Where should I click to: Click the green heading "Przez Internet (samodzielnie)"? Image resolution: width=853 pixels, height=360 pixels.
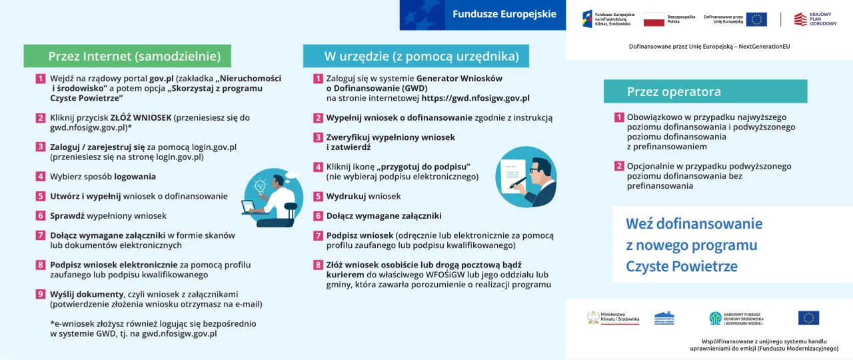[x=127, y=56]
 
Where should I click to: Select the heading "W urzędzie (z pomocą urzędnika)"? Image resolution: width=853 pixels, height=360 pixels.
[x=416, y=56]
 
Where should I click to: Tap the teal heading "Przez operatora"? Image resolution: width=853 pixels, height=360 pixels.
[x=673, y=91]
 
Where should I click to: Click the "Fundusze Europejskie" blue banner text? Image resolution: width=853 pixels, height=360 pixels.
[x=504, y=14]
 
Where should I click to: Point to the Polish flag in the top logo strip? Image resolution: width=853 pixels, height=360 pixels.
[x=654, y=19]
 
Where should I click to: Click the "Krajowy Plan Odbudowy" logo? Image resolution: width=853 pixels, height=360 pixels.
[x=815, y=19]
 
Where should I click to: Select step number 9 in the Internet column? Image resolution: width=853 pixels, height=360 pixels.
[x=41, y=294]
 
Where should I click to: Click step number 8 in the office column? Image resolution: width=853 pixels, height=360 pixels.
[x=318, y=265]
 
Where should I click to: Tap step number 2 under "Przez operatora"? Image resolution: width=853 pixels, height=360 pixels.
[x=619, y=166]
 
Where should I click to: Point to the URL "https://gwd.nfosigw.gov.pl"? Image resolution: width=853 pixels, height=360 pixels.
[x=475, y=98]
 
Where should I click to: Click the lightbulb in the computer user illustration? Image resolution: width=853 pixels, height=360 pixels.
[x=261, y=183]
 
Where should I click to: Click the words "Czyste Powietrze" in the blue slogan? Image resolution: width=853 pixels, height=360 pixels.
[x=681, y=267]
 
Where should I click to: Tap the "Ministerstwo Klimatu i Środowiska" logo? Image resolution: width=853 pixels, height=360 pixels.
[x=612, y=317]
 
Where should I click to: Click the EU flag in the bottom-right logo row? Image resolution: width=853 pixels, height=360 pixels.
[x=808, y=318]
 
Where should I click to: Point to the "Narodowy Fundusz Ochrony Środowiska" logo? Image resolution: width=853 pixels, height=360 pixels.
[x=736, y=318]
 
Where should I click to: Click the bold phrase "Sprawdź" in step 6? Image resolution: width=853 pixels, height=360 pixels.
[x=68, y=216]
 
